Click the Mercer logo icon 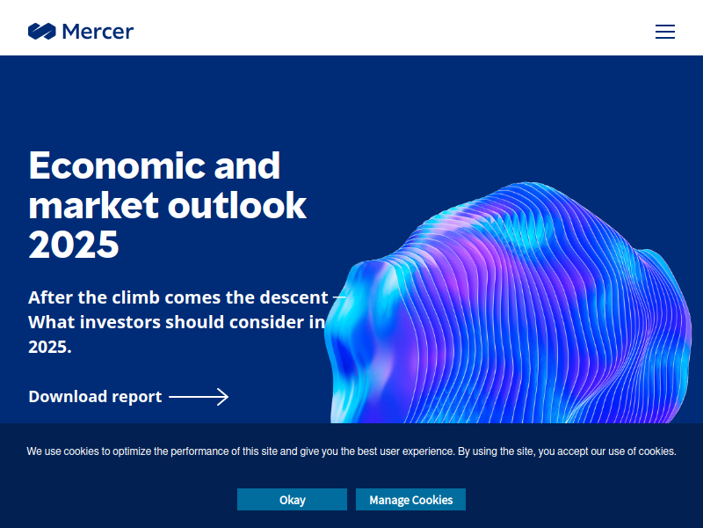(x=41, y=32)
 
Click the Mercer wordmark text (x=98, y=32)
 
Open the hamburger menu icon (x=665, y=32)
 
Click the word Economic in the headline (x=117, y=165)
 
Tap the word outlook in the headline (x=236, y=205)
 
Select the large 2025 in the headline (x=74, y=245)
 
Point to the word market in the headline (x=93, y=205)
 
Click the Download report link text (x=95, y=397)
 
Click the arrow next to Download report (x=199, y=397)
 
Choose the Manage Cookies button (x=410, y=499)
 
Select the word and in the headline (x=247, y=165)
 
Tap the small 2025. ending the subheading (x=50, y=347)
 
